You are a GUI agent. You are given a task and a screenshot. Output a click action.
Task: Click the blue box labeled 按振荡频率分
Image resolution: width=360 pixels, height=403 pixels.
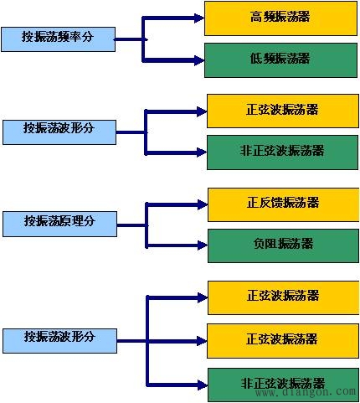tap(59, 38)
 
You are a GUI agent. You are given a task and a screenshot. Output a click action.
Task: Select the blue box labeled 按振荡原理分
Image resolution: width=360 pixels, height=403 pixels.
tap(59, 223)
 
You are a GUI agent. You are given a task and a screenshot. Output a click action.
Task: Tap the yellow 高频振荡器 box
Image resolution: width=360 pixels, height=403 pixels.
tap(279, 18)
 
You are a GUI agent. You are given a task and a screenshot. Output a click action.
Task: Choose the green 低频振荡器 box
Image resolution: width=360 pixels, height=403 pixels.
tap(279, 59)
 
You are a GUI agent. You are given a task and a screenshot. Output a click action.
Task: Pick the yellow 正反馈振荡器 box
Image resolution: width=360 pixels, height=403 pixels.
tap(282, 204)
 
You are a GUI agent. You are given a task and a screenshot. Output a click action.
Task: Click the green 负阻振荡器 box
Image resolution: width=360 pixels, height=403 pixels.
tap(282, 245)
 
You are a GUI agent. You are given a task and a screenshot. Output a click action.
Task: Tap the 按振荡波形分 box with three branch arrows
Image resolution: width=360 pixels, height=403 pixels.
tap(59, 339)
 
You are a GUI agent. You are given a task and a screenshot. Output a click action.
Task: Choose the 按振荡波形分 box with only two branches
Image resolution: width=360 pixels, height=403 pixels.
tap(59, 131)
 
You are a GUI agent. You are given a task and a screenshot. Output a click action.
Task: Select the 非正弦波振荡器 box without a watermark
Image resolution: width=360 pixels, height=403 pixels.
tap(281, 152)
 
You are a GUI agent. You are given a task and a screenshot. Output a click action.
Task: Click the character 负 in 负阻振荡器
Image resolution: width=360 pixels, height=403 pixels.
tap(259, 244)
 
